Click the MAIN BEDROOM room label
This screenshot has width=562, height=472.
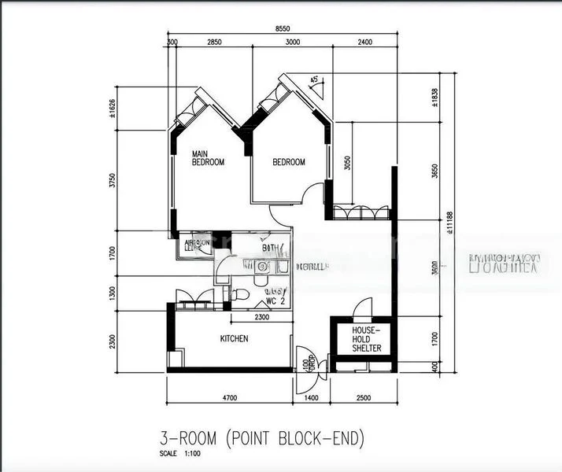(x=209, y=158)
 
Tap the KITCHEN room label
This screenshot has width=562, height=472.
(x=233, y=338)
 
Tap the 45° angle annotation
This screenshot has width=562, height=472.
(x=316, y=80)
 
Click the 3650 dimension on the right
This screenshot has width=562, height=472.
(x=435, y=171)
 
